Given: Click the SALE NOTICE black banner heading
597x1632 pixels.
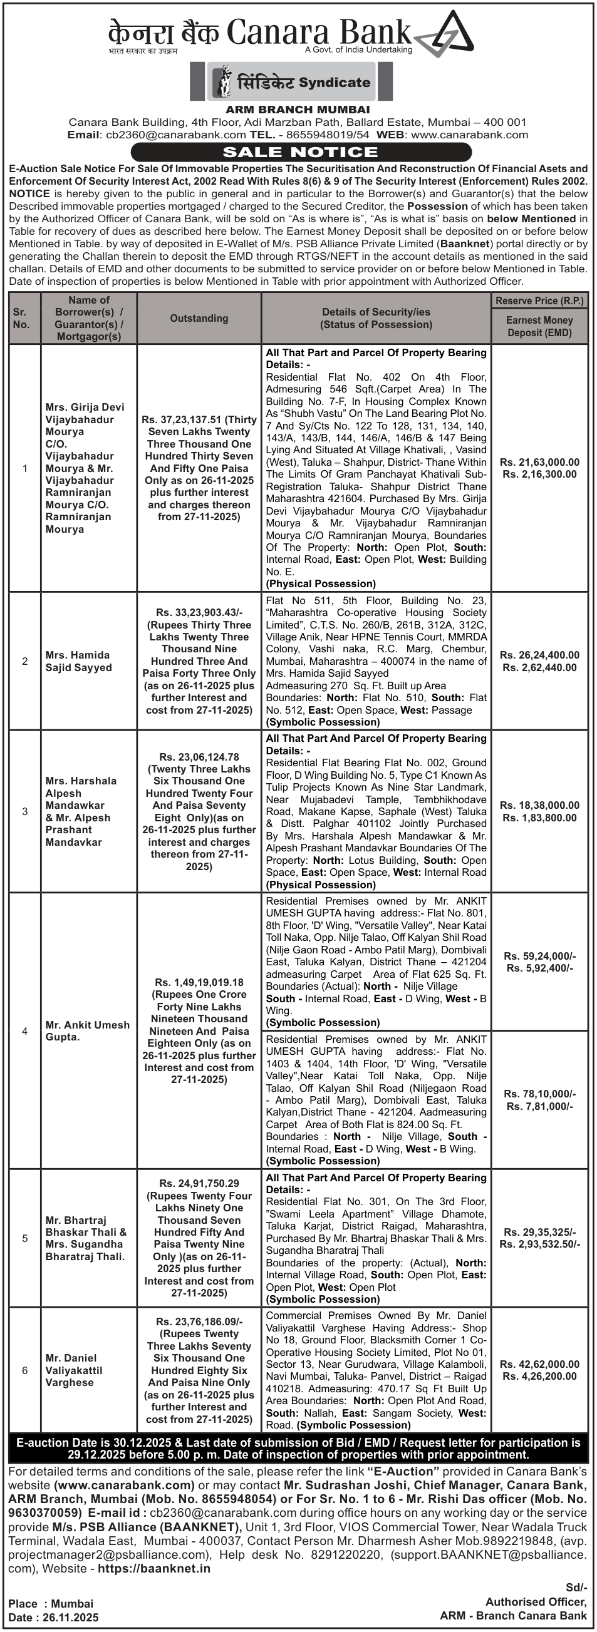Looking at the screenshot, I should coord(301,152).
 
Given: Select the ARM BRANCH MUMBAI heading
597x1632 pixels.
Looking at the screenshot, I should coord(298,110).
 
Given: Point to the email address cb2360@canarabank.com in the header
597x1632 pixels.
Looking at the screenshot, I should coord(175,135).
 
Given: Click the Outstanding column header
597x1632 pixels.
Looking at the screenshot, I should coord(199,318).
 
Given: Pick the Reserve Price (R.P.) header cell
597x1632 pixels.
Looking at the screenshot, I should coord(539,300).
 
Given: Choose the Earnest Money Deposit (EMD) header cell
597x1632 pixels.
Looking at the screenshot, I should coord(539,326).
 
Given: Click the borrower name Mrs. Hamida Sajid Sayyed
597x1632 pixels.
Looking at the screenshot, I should coord(78,661).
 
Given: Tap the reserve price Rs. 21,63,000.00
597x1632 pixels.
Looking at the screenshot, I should coord(539,462).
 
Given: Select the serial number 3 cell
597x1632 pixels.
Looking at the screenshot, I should coord(24,811).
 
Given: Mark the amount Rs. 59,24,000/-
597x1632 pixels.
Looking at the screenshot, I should coord(539,956).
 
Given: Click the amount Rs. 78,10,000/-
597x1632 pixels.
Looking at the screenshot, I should coord(539,1094).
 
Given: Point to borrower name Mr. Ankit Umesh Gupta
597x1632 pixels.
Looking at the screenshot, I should coord(87,1031).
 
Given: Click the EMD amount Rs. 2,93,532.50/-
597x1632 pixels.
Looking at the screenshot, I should coord(539,1244).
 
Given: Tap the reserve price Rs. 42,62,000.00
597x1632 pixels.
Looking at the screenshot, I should coord(539,1364).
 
